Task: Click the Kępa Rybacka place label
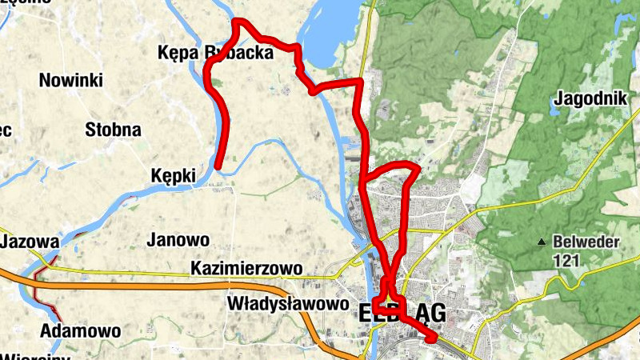tap(216, 53)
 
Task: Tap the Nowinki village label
tap(70, 80)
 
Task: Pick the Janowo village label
tap(178, 239)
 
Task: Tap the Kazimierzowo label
tap(246, 269)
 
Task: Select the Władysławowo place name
tap(288, 304)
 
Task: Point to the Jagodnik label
tap(588, 99)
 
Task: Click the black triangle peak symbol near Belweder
tap(543, 242)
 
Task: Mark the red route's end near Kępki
tap(218, 166)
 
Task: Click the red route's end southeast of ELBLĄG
tap(432, 339)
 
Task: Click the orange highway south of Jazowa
tap(160, 286)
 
